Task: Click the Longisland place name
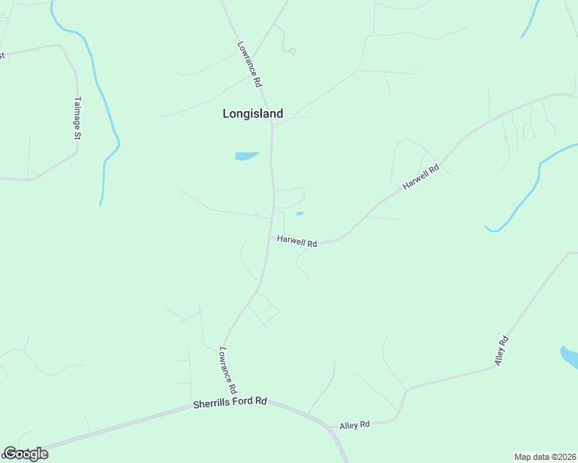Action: [253, 113]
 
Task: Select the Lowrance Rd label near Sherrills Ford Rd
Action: [226, 370]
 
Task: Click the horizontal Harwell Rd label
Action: [297, 242]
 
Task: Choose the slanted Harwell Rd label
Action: [420, 177]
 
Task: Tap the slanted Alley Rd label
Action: [503, 350]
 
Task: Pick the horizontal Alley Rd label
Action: [355, 424]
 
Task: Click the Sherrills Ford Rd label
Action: [229, 402]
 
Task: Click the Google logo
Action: [25, 454]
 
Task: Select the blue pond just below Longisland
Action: [246, 156]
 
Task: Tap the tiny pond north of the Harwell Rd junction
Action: [299, 214]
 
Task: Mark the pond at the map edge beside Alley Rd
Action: [570, 357]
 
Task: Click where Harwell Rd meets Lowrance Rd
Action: [271, 236]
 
